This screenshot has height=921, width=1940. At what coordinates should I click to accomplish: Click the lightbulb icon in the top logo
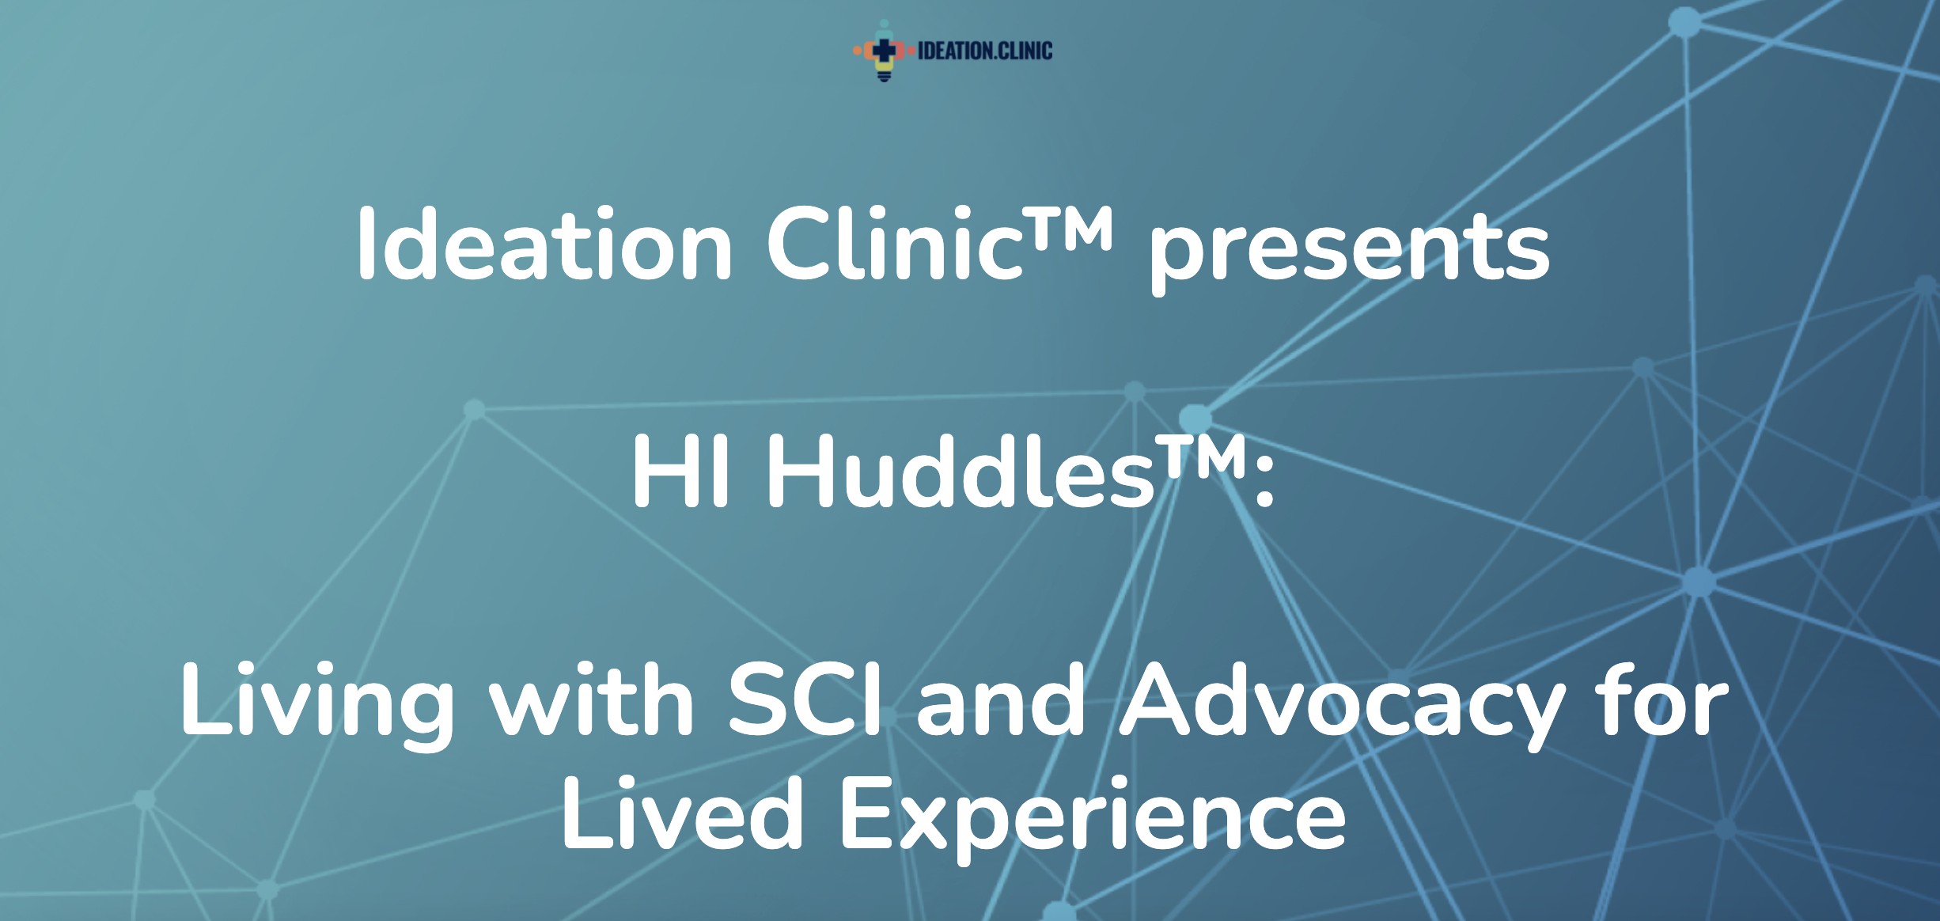[x=884, y=51]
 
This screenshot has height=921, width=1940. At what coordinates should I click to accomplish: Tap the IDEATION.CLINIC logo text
[x=985, y=51]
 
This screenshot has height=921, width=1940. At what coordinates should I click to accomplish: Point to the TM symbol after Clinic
[x=1070, y=227]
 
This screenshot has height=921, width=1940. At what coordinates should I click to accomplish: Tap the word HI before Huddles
[x=680, y=472]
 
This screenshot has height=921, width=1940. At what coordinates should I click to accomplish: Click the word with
[x=592, y=699]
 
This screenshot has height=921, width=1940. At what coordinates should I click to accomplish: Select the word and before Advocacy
[x=1001, y=699]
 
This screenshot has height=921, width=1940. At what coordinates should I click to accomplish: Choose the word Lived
[x=683, y=813]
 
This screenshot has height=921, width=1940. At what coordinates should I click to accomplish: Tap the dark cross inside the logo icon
[x=884, y=50]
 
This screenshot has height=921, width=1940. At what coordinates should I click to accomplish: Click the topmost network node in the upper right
[x=1684, y=22]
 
